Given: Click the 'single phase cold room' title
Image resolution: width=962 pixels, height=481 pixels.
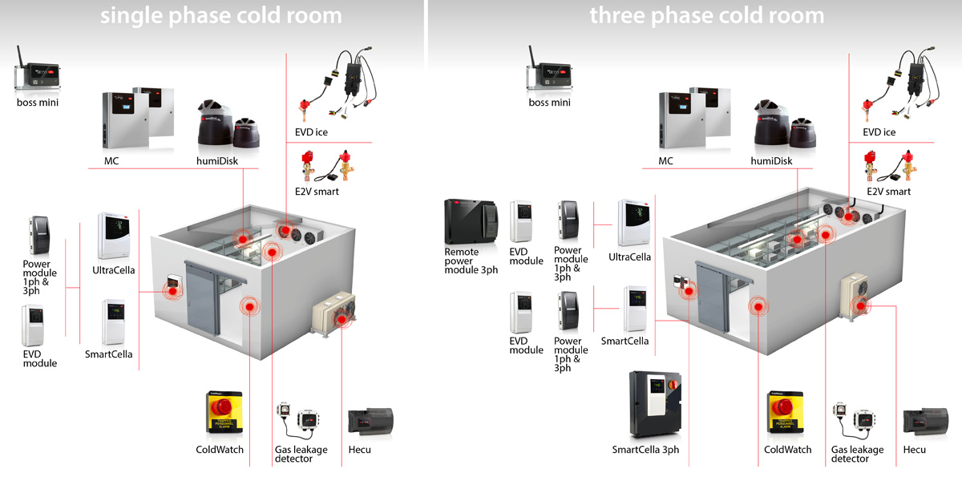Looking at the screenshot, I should [x=220, y=15].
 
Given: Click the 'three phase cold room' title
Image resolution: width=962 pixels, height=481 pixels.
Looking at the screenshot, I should [x=706, y=15].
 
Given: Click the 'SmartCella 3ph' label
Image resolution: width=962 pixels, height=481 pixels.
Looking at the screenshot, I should [x=645, y=450].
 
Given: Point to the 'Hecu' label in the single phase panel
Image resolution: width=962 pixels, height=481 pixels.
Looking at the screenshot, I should [x=360, y=450].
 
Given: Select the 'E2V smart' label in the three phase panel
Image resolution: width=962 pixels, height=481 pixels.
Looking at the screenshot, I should [x=886, y=192].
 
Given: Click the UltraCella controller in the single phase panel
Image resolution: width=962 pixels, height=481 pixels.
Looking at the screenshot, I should [x=113, y=236].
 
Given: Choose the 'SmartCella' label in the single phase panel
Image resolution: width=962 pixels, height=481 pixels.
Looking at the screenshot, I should [x=109, y=354].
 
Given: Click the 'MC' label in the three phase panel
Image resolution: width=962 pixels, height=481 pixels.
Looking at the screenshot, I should [x=665, y=161].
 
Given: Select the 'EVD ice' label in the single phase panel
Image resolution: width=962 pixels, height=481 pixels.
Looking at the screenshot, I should [x=311, y=131].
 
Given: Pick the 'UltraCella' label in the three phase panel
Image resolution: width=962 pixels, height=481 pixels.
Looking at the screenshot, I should [x=630, y=257].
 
